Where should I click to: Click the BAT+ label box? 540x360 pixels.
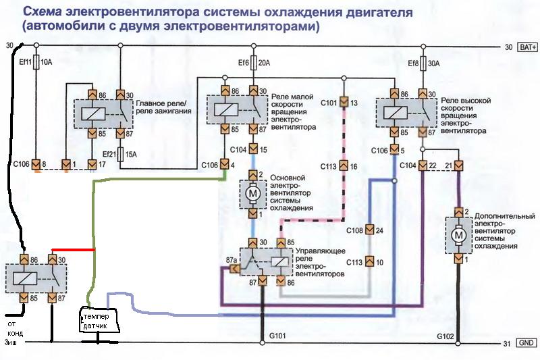(527, 47)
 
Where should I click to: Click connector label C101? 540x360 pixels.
(328, 103)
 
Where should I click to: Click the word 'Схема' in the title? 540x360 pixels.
(40, 13)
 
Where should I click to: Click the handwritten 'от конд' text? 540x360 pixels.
(15, 328)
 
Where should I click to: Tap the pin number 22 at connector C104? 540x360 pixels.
(432, 165)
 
